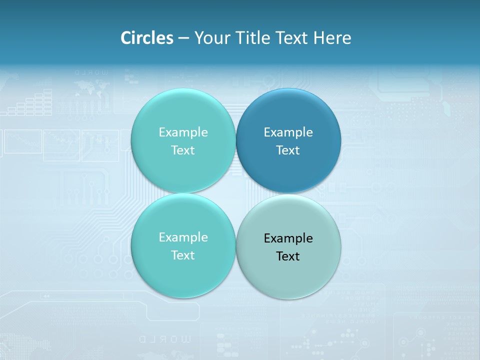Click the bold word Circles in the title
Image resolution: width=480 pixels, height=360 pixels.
pos(146,38)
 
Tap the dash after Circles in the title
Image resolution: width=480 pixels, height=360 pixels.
pos(183,38)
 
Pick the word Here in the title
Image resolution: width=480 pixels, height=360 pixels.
pos(332,38)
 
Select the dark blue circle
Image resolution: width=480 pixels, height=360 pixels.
pos(288,140)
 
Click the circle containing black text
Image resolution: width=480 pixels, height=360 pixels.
pos(288,246)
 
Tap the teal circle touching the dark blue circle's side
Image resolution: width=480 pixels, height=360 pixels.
pos(183,140)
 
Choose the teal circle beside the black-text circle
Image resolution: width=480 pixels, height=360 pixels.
pos(183,245)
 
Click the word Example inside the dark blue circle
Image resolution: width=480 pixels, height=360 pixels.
pos(288,132)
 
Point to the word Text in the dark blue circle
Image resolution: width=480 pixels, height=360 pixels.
pos(288,150)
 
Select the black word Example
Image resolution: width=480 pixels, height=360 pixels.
pos(288,238)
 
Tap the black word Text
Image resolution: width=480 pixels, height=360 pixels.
pos(288,256)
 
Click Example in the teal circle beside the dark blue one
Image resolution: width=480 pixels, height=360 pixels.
pos(183,132)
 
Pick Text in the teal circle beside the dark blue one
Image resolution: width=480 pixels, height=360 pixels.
pos(183,150)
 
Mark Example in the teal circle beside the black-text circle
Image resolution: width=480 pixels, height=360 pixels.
pos(183,237)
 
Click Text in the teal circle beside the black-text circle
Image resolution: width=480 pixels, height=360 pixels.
pos(183,255)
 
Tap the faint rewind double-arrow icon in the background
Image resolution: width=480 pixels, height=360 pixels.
pos(45,296)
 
